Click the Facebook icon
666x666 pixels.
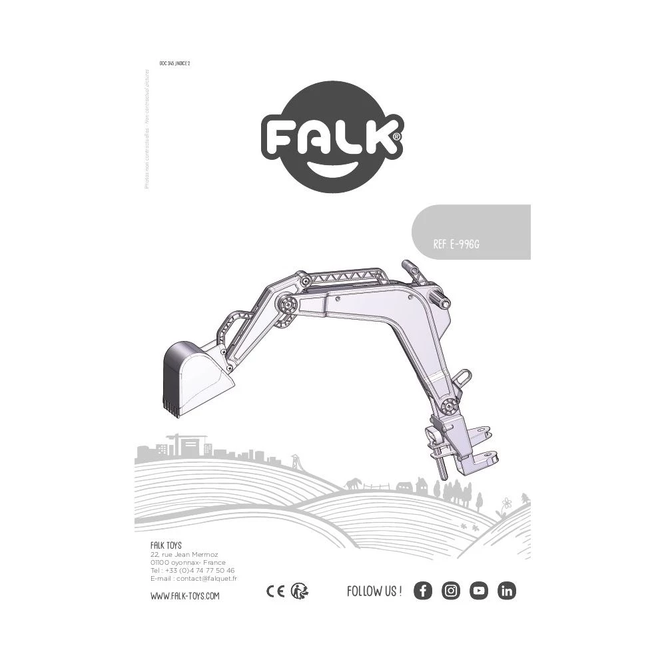[423, 591]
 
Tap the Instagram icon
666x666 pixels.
[451, 591]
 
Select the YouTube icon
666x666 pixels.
[479, 591]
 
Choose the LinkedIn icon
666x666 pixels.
[507, 591]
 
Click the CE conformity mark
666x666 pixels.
[275, 591]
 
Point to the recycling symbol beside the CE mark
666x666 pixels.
[300, 591]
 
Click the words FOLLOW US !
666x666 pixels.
[374, 591]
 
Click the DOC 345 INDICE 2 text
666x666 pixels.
[175, 63]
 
